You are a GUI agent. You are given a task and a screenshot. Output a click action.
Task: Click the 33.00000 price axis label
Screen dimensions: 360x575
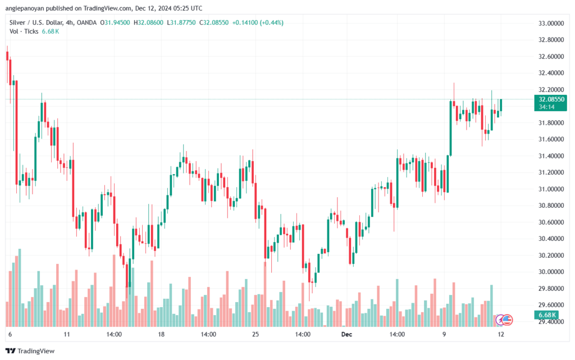pyautogui.click(x=535, y=24)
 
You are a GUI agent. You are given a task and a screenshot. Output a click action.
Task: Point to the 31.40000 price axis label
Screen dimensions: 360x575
pyautogui.click(x=535, y=156)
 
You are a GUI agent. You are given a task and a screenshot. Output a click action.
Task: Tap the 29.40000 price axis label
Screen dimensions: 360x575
pyautogui.click(x=535, y=322)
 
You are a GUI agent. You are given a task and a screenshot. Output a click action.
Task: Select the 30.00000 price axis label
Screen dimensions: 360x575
pyautogui.click(x=535, y=272)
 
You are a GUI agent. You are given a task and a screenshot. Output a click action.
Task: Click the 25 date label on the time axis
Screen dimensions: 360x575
pyautogui.click(x=255, y=334)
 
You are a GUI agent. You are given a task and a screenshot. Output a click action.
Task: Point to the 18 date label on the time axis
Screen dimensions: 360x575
pyautogui.click(x=161, y=334)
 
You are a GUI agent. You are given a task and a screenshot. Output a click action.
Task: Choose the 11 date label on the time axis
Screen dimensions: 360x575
pyautogui.click(x=67, y=334)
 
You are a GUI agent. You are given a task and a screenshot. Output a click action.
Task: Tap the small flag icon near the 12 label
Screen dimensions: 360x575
pyautogui.click(x=507, y=319)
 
